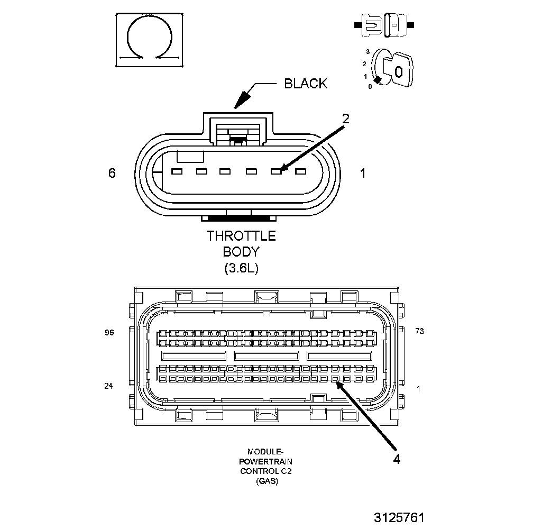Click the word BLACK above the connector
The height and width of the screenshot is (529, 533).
pos(306,83)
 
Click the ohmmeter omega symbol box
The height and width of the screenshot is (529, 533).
pos(150,40)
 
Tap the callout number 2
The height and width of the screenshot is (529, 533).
pos(345,118)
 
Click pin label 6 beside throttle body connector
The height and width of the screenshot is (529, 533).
pos(112,173)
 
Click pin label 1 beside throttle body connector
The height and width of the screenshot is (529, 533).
pos(363,173)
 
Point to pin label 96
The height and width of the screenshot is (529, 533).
pos(109,332)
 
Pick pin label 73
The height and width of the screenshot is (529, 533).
pos(419,331)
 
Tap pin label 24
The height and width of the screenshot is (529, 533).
pos(108,386)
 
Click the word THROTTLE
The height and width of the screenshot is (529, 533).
pos(241,235)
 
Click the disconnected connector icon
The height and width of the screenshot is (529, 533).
pos(384,25)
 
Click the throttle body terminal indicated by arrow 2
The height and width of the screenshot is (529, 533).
pos(275,171)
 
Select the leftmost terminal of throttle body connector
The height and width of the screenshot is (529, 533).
pos(177,171)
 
